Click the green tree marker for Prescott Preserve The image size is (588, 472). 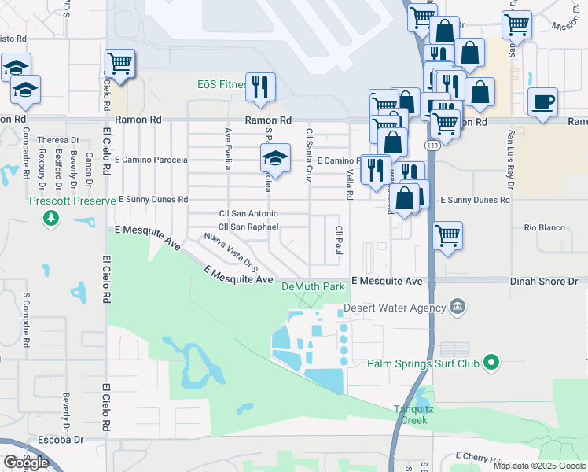pos(51,216)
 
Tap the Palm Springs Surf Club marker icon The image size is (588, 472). pos(492,363)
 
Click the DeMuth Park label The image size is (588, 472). pos(314,287)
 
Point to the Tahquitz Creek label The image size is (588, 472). pos(411,414)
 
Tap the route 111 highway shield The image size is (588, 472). pos(433,147)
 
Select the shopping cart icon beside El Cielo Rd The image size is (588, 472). pos(119,64)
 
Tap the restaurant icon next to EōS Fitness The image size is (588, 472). pos(260,87)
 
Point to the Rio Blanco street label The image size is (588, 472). pos(545,228)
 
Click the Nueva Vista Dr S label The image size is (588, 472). pos(231,249)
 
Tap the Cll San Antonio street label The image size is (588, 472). pos(248,214)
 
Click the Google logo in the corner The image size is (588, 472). pos(27,463)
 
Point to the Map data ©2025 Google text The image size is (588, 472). pos(538,466)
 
